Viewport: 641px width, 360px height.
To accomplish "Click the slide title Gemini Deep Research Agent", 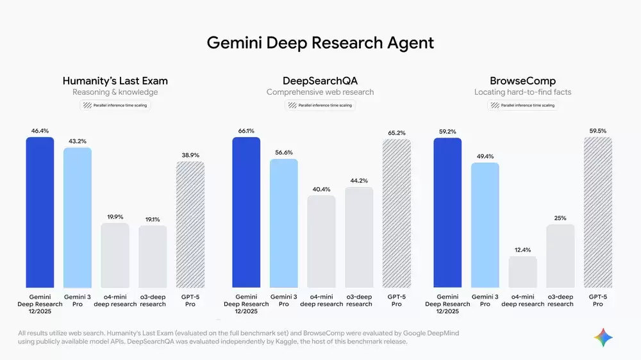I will pos(320,43).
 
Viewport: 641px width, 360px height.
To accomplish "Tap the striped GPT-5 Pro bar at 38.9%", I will pos(190,224).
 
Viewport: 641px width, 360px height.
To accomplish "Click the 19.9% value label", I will pos(115,217).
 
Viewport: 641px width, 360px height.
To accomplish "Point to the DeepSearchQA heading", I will pos(320,81).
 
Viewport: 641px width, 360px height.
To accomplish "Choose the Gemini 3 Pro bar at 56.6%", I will pos(283,223).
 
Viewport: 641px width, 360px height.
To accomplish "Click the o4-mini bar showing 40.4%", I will pos(321,241).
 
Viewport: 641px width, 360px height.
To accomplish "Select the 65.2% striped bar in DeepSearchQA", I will pos(397,213).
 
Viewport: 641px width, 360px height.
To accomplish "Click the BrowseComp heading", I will pos(522,81).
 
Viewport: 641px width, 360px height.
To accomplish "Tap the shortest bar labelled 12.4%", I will pos(522,272).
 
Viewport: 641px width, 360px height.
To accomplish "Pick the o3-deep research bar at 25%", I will pos(560,256).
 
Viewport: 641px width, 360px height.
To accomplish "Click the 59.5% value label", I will pos(598,131).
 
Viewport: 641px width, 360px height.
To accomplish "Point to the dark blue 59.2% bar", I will pos(447,213).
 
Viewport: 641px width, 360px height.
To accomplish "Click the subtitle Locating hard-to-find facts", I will pos(522,92).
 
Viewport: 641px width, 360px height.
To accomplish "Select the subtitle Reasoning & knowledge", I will pos(115,92).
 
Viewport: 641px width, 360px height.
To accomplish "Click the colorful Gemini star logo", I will pos(603,337).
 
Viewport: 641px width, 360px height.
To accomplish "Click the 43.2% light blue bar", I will pos(78,217).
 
